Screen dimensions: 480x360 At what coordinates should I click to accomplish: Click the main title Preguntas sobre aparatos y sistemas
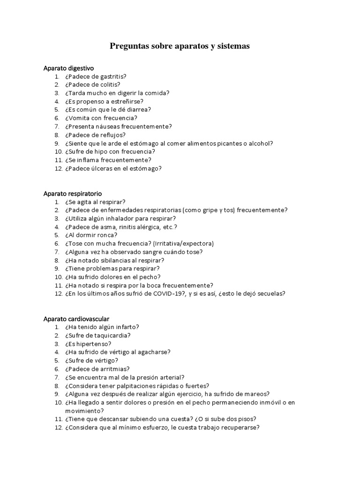pyautogui.click(x=180, y=46)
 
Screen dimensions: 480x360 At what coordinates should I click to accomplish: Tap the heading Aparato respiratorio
pyautogui.click(x=73, y=194)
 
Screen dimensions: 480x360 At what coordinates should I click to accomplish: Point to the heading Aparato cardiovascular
pyautogui.click(x=76, y=319)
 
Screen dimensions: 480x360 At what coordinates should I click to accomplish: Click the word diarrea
pyautogui.click(x=136, y=110)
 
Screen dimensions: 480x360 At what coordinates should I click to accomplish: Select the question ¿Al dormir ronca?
pyautogui.click(x=91, y=235)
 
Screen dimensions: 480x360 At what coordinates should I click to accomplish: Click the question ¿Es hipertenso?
pyautogui.click(x=91, y=344)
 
